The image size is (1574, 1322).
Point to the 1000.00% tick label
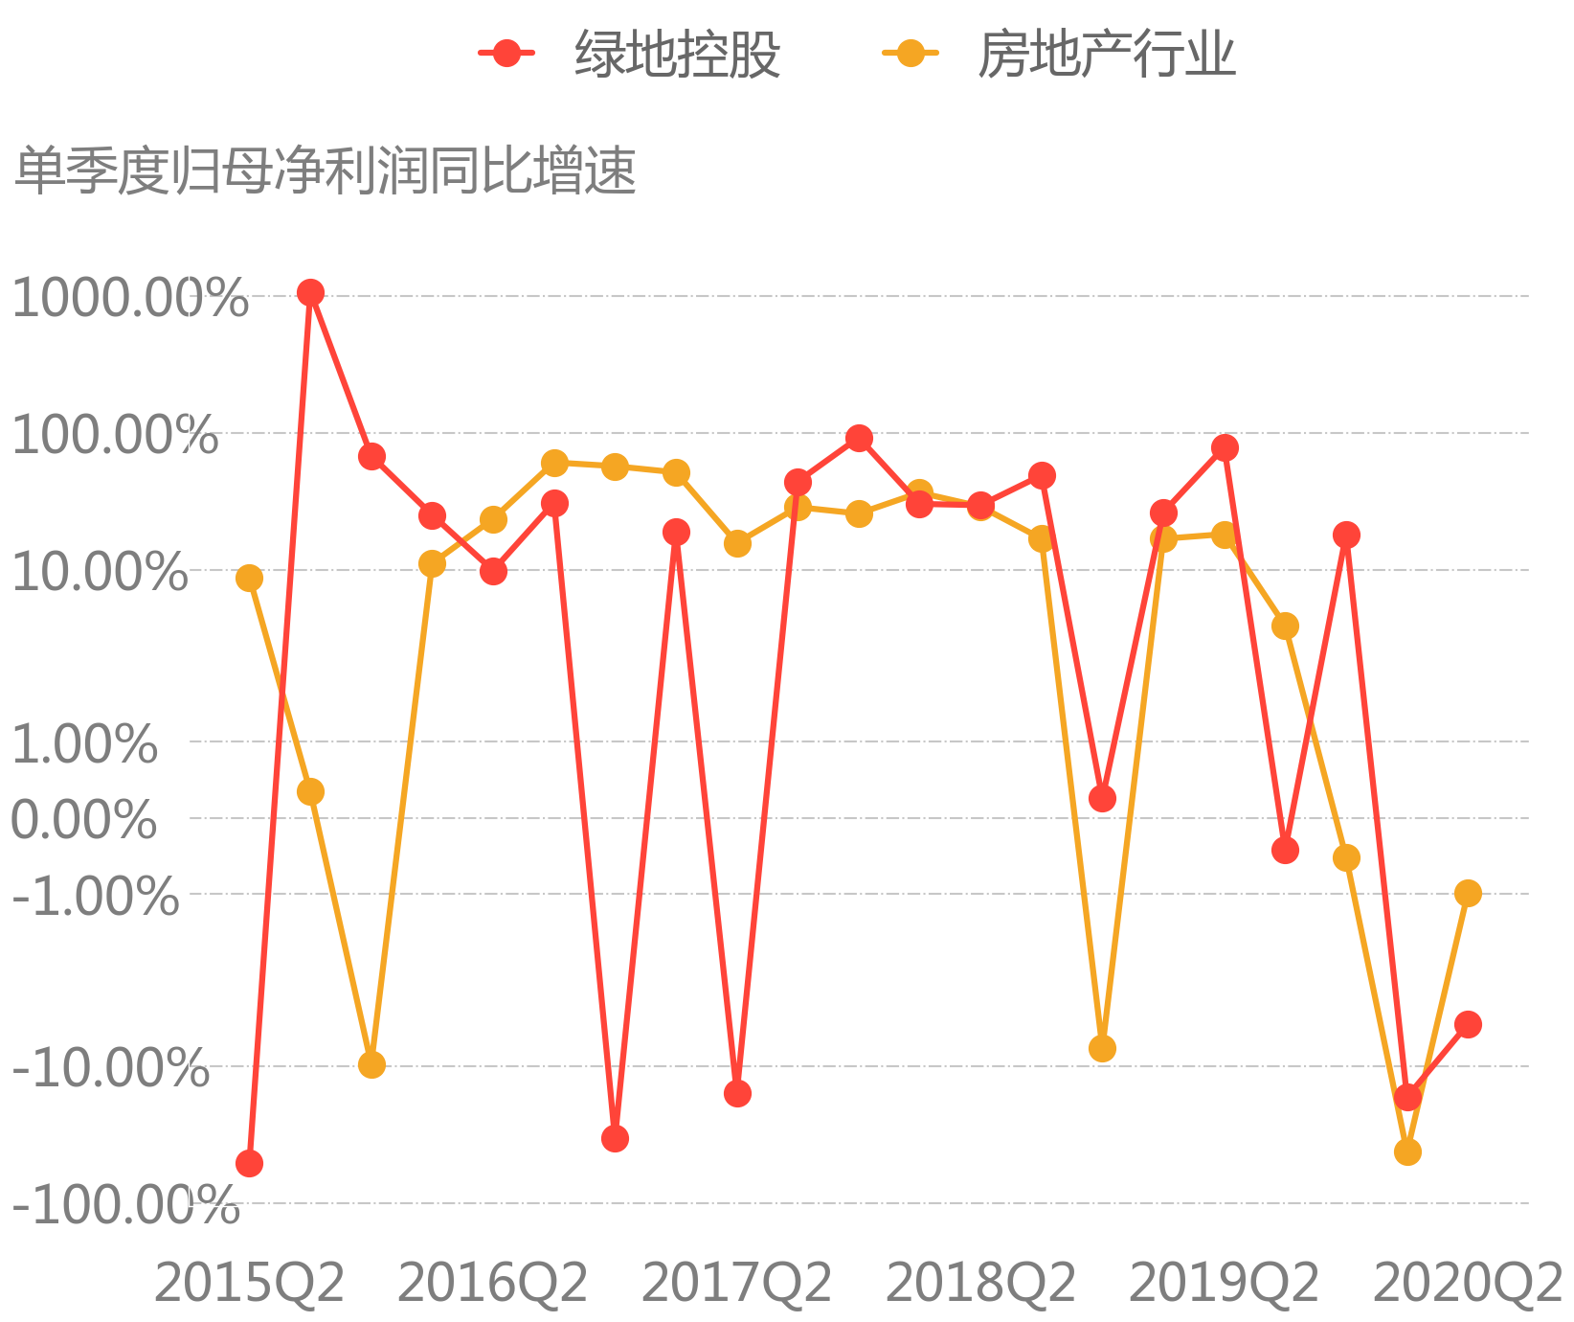click(x=129, y=298)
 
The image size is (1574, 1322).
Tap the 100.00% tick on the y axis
click(x=115, y=436)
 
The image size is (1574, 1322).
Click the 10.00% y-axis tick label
click(x=100, y=573)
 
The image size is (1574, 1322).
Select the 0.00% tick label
click(x=84, y=820)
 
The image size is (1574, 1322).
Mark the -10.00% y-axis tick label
click(x=109, y=1067)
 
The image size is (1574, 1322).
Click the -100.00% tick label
click(x=124, y=1205)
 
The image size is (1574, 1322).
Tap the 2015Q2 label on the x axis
click(x=249, y=1283)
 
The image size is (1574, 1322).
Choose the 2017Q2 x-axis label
click(x=736, y=1283)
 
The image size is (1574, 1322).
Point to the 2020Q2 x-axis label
click(x=1468, y=1283)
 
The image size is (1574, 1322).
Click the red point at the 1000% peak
click(x=310, y=292)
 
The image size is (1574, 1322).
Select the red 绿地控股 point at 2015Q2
click(x=249, y=1163)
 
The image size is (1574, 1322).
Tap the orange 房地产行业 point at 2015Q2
click(x=249, y=578)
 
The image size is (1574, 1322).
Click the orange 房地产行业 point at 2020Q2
click(x=1468, y=893)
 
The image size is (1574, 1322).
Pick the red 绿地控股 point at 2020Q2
click(x=1468, y=1024)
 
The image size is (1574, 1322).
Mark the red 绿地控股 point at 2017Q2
click(x=737, y=1093)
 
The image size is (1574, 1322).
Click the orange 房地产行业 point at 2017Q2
click(x=737, y=543)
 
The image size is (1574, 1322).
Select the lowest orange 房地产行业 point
click(x=1407, y=1151)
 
